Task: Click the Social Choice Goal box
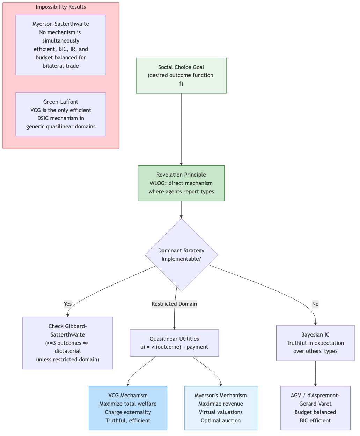pyautogui.click(x=181, y=75)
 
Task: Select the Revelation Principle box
pyautogui.click(x=181, y=183)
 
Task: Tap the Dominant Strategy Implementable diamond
pyautogui.click(x=181, y=255)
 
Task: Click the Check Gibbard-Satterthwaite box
pyautogui.click(x=68, y=343)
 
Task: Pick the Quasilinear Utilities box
pyautogui.click(x=174, y=343)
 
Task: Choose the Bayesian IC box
pyautogui.click(x=315, y=343)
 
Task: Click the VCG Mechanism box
pyautogui.click(x=128, y=408)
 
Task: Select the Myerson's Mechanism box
pyautogui.click(x=220, y=408)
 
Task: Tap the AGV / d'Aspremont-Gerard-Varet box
pyautogui.click(x=315, y=408)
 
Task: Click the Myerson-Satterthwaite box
pyautogui.click(x=61, y=45)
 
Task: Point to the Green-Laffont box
pyautogui.click(x=61, y=114)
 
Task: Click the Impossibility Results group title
pyautogui.click(x=61, y=7)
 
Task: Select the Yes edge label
pyautogui.click(x=68, y=304)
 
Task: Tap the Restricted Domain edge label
pyautogui.click(x=174, y=304)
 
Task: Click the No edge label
pyautogui.click(x=315, y=304)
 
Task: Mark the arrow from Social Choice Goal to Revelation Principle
pyautogui.click(x=181, y=129)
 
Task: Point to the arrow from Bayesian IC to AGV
pyautogui.click(x=315, y=373)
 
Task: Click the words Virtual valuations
pyautogui.click(x=220, y=412)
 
